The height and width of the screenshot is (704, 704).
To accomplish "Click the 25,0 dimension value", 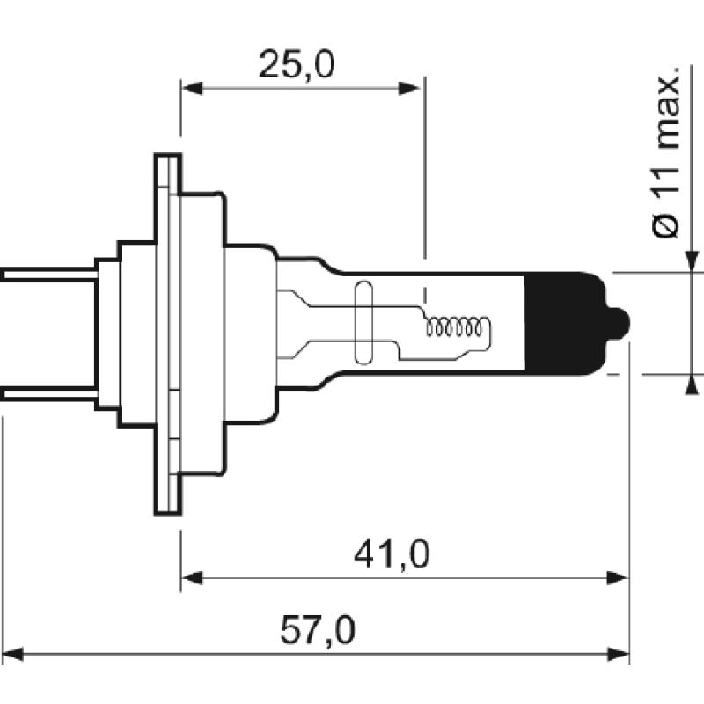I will tap(297, 65).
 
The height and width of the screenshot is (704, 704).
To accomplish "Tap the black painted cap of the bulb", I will tap(563, 323).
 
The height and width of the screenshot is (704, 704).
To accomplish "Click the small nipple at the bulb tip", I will tap(621, 323).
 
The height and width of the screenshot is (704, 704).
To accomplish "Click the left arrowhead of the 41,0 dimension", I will tap(190, 578).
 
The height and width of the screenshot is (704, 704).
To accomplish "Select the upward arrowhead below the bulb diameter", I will tap(693, 384).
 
